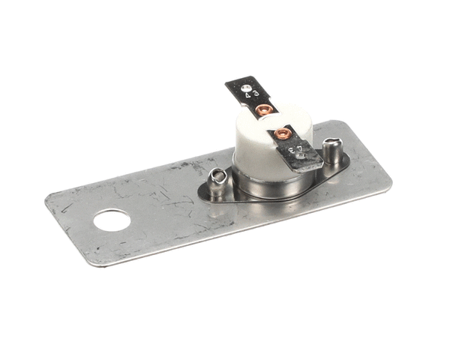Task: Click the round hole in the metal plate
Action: (111, 220)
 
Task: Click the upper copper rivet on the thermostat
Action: (262, 112)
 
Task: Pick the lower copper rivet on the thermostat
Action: (282, 134)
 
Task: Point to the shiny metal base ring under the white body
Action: (262, 187)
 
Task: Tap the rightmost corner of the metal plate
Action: (391, 185)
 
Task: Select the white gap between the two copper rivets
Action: (271, 123)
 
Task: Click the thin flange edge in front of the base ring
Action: (262, 201)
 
